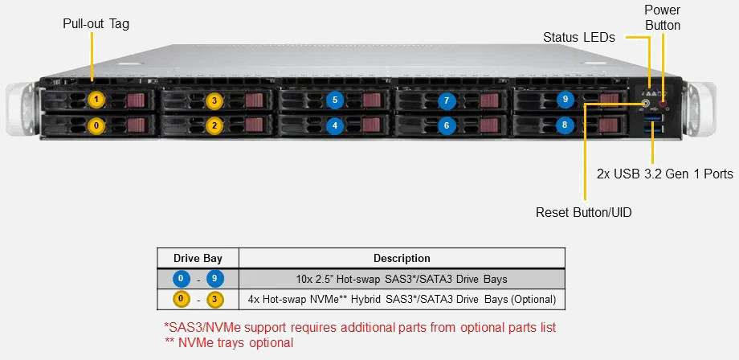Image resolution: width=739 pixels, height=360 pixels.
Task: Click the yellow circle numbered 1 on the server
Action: (96, 100)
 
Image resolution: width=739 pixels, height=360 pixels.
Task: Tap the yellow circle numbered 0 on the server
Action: (96, 125)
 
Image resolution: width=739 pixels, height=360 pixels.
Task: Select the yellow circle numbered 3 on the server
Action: (214, 100)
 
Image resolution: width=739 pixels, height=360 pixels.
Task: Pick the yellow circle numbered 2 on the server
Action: (214, 125)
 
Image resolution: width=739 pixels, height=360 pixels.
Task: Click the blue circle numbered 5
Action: (336, 100)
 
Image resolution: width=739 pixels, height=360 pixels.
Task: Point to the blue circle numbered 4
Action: (336, 125)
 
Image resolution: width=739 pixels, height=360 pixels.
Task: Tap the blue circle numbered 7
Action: (447, 101)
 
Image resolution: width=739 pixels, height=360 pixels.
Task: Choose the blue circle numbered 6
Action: (447, 125)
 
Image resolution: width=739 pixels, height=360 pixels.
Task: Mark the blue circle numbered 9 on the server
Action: (565, 100)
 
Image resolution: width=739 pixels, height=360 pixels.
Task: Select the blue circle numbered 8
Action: (565, 125)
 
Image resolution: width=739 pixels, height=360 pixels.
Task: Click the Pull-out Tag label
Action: (96, 24)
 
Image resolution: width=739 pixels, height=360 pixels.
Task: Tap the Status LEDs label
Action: (579, 37)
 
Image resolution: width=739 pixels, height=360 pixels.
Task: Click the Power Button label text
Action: (662, 18)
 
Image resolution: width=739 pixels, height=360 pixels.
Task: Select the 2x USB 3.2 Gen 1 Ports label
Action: (665, 174)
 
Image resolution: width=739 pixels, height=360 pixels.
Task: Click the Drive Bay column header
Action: (198, 259)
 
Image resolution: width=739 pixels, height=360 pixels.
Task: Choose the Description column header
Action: (402, 259)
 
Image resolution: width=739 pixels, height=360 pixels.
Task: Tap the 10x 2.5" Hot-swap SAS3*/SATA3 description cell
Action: (402, 280)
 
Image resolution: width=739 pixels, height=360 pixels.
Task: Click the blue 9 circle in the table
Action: (215, 280)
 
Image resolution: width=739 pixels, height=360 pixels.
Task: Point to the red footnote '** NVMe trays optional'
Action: (229, 343)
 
